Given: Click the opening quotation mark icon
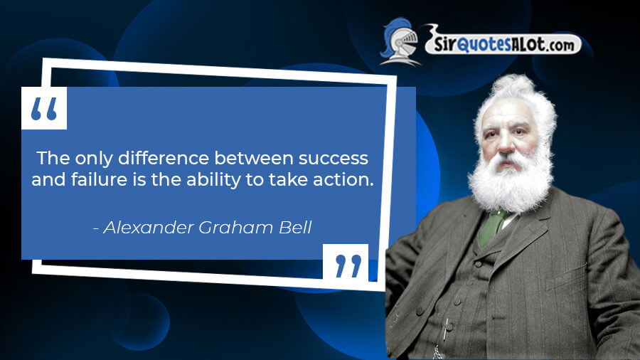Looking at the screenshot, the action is click(44, 109).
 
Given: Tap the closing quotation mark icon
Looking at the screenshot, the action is click(348, 266).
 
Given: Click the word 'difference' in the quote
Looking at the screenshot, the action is click(164, 157).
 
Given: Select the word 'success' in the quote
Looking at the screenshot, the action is click(333, 159).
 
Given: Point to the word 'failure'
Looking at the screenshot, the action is click(99, 179).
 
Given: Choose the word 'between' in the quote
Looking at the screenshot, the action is click(253, 157).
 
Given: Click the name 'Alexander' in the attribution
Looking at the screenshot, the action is click(149, 228).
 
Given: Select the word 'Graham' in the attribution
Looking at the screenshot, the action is click(235, 228).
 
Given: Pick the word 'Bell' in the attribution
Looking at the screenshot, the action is click(295, 228).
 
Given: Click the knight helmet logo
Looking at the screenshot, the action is click(400, 41).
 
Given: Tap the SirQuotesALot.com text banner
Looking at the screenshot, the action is click(503, 43).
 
